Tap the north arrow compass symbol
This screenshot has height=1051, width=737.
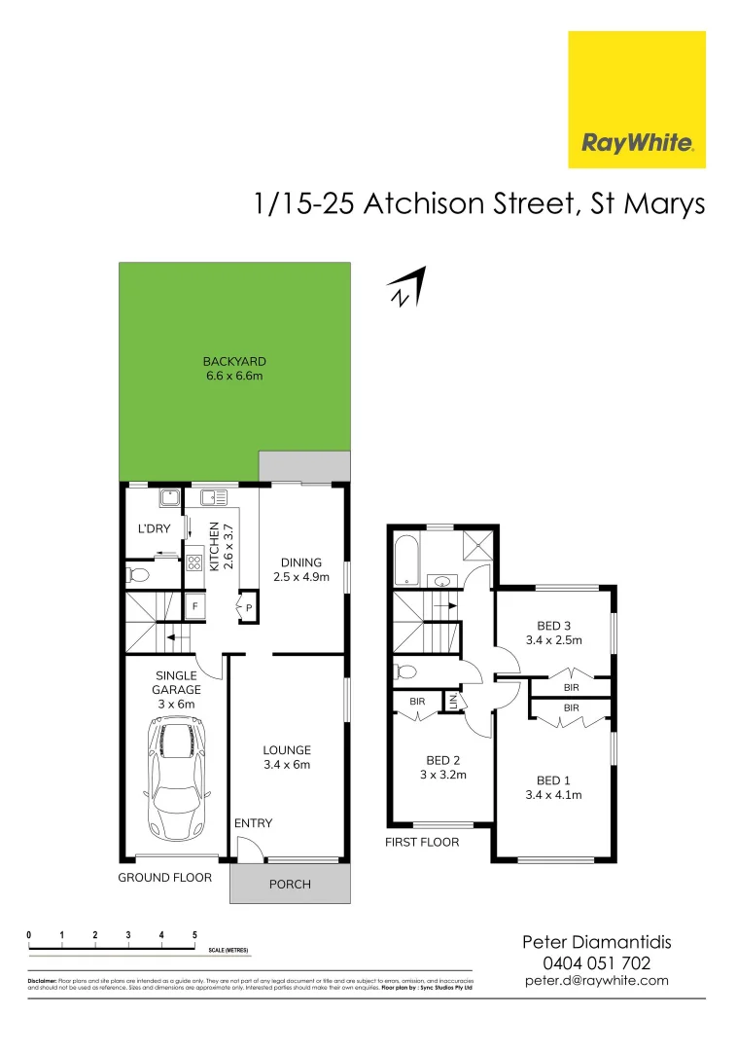coord(406,289)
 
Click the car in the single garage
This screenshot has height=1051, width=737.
coord(176,778)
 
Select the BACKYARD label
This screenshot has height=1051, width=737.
coord(234,362)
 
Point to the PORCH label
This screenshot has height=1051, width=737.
coord(290,885)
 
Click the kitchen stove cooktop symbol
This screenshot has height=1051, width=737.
coord(193,562)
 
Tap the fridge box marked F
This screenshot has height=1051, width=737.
coord(194,607)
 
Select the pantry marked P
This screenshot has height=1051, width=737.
coord(249,608)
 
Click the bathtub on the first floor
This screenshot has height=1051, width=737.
coord(404,560)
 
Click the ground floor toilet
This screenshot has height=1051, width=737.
coord(138,575)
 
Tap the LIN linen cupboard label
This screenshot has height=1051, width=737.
coord(452,701)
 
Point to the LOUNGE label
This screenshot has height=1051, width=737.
coord(287,750)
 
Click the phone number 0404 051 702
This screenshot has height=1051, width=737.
coord(596,962)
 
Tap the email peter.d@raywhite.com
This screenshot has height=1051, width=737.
coord(596,981)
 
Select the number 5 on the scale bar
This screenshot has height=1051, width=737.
coord(194,935)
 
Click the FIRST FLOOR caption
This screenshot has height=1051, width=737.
coord(422,842)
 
